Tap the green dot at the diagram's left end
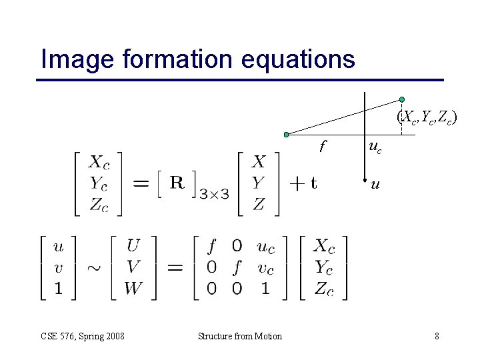coord(286,135)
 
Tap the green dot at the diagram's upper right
coord(402,99)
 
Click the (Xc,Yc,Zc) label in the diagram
coord(427,117)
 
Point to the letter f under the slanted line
coord(323,144)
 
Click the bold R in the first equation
coord(177,182)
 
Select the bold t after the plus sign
coord(313,183)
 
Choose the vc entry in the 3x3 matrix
coord(265,268)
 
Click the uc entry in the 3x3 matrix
coord(265,247)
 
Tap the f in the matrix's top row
coord(212,247)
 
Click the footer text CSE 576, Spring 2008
coord(82,336)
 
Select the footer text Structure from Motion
coord(240,336)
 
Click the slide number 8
coord(437,336)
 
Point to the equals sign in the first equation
coord(142,183)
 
